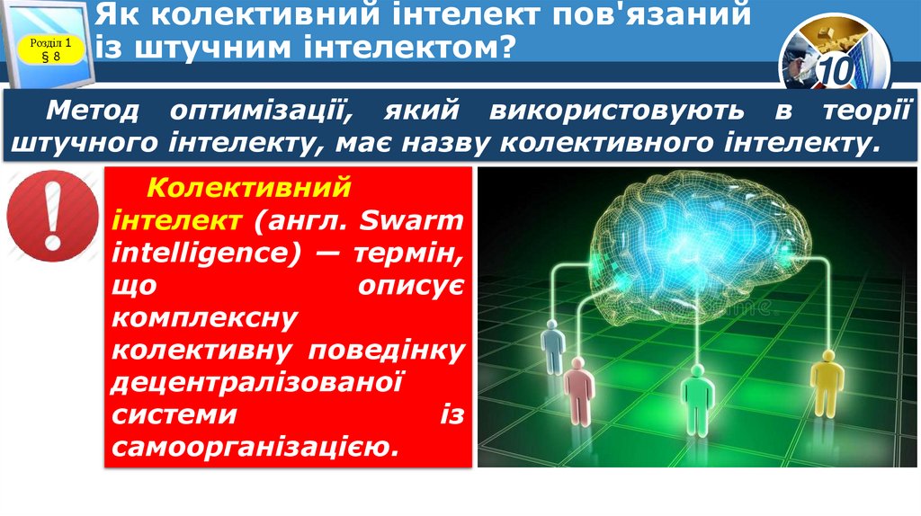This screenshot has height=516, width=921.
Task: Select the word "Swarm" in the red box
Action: pyautogui.click(x=423, y=220)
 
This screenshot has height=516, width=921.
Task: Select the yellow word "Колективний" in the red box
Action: pyautogui.click(x=246, y=189)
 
